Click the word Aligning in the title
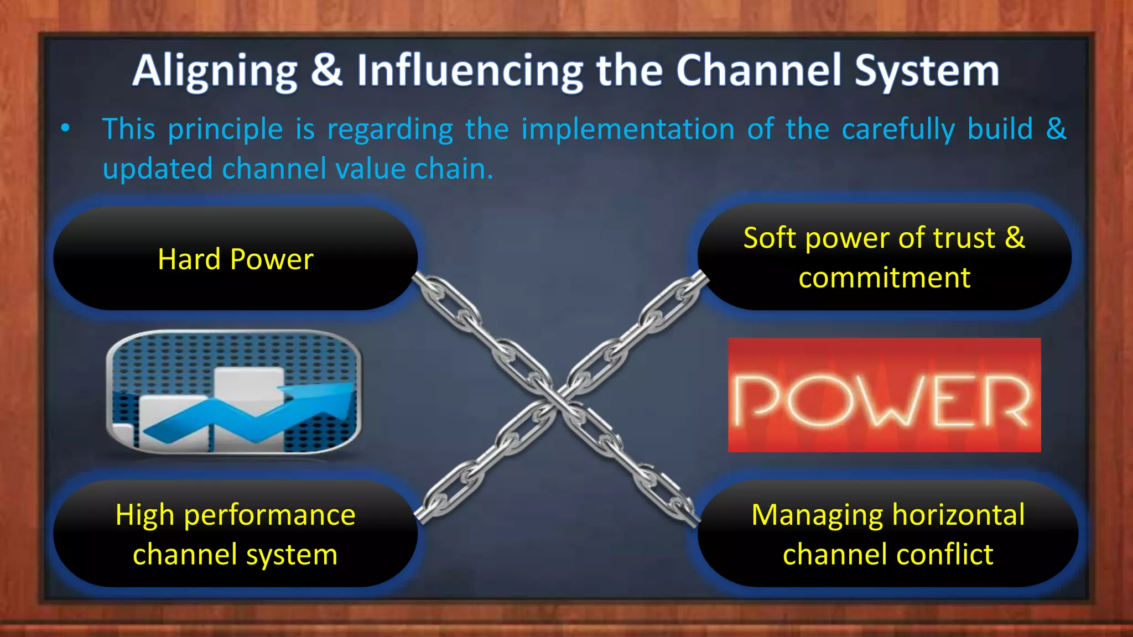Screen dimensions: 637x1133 pyautogui.click(x=215, y=72)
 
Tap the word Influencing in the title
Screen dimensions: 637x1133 pyautogui.click(x=469, y=72)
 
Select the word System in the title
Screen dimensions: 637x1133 pyautogui.click(x=927, y=72)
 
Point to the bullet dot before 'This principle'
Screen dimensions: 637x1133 pyautogui.click(x=65, y=128)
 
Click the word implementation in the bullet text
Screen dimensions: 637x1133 pyautogui.click(x=628, y=129)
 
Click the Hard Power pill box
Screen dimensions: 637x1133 pyautogui.click(x=235, y=258)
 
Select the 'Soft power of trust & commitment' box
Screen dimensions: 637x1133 pyautogui.click(x=883, y=257)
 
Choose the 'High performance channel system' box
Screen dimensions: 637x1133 pyautogui.click(x=235, y=534)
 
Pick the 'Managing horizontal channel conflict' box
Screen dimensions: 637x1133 pyautogui.click(x=887, y=534)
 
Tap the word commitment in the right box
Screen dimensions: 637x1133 pyautogui.click(x=884, y=278)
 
